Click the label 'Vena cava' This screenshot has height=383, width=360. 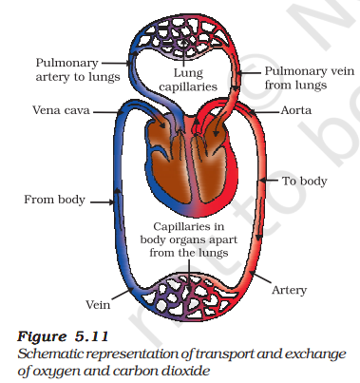click(61, 110)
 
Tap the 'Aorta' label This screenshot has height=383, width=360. click(296, 110)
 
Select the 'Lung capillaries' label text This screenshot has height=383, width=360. click(188, 80)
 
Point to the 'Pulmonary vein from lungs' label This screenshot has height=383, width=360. click(310, 78)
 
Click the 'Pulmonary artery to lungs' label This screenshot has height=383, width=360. click(78, 69)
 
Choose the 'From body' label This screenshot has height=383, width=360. click(55, 200)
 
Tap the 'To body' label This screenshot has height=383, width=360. click(305, 181)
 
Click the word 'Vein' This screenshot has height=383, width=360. click(98, 305)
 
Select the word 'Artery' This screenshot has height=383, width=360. click(289, 290)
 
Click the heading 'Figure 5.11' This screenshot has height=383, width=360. click(63, 336)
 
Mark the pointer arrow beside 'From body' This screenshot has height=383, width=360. click(102, 201)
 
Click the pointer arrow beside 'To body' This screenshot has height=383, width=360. click(269, 181)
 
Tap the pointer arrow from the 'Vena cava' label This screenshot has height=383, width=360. click(108, 112)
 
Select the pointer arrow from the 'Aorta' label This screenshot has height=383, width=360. click(264, 112)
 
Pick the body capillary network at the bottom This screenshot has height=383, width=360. click(189, 297)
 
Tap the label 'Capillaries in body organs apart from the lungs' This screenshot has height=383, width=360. click(189, 239)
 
